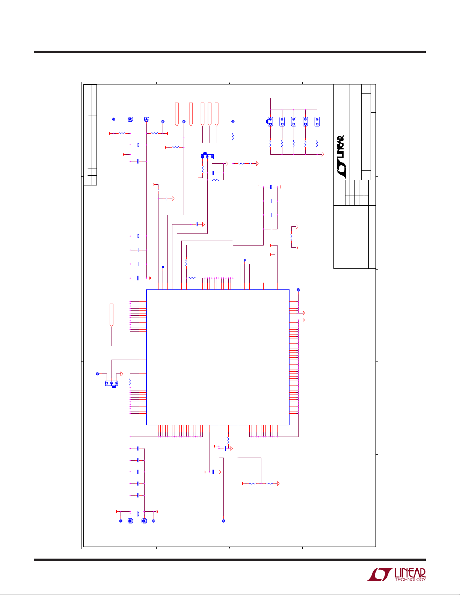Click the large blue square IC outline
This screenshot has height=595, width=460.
(x=146, y=357)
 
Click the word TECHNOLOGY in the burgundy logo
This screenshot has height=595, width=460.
(x=410, y=579)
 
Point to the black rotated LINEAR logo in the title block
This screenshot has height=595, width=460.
(x=341, y=157)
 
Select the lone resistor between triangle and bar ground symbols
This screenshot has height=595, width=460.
(x=291, y=237)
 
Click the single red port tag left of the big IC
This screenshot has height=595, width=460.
(x=112, y=315)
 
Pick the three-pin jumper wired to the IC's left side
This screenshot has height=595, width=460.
(x=112, y=383)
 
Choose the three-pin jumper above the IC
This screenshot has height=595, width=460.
(x=207, y=156)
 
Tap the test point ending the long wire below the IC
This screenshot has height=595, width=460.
(x=223, y=521)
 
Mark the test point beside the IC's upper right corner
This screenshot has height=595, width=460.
(x=299, y=290)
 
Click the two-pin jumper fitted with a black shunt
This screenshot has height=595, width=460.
(x=270, y=122)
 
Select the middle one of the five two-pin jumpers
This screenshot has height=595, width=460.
(x=294, y=122)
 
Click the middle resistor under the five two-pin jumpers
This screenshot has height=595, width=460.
(x=294, y=144)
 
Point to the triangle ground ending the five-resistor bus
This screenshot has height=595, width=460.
(x=323, y=154)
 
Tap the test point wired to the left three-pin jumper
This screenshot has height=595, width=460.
(x=97, y=374)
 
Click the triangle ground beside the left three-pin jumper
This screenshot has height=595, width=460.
(x=122, y=374)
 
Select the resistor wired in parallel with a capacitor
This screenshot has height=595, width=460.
(x=216, y=180)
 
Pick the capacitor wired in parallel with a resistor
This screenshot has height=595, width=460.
(x=213, y=173)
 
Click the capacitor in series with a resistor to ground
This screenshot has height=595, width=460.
(x=250, y=163)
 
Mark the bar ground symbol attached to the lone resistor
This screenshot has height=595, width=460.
(x=297, y=248)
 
